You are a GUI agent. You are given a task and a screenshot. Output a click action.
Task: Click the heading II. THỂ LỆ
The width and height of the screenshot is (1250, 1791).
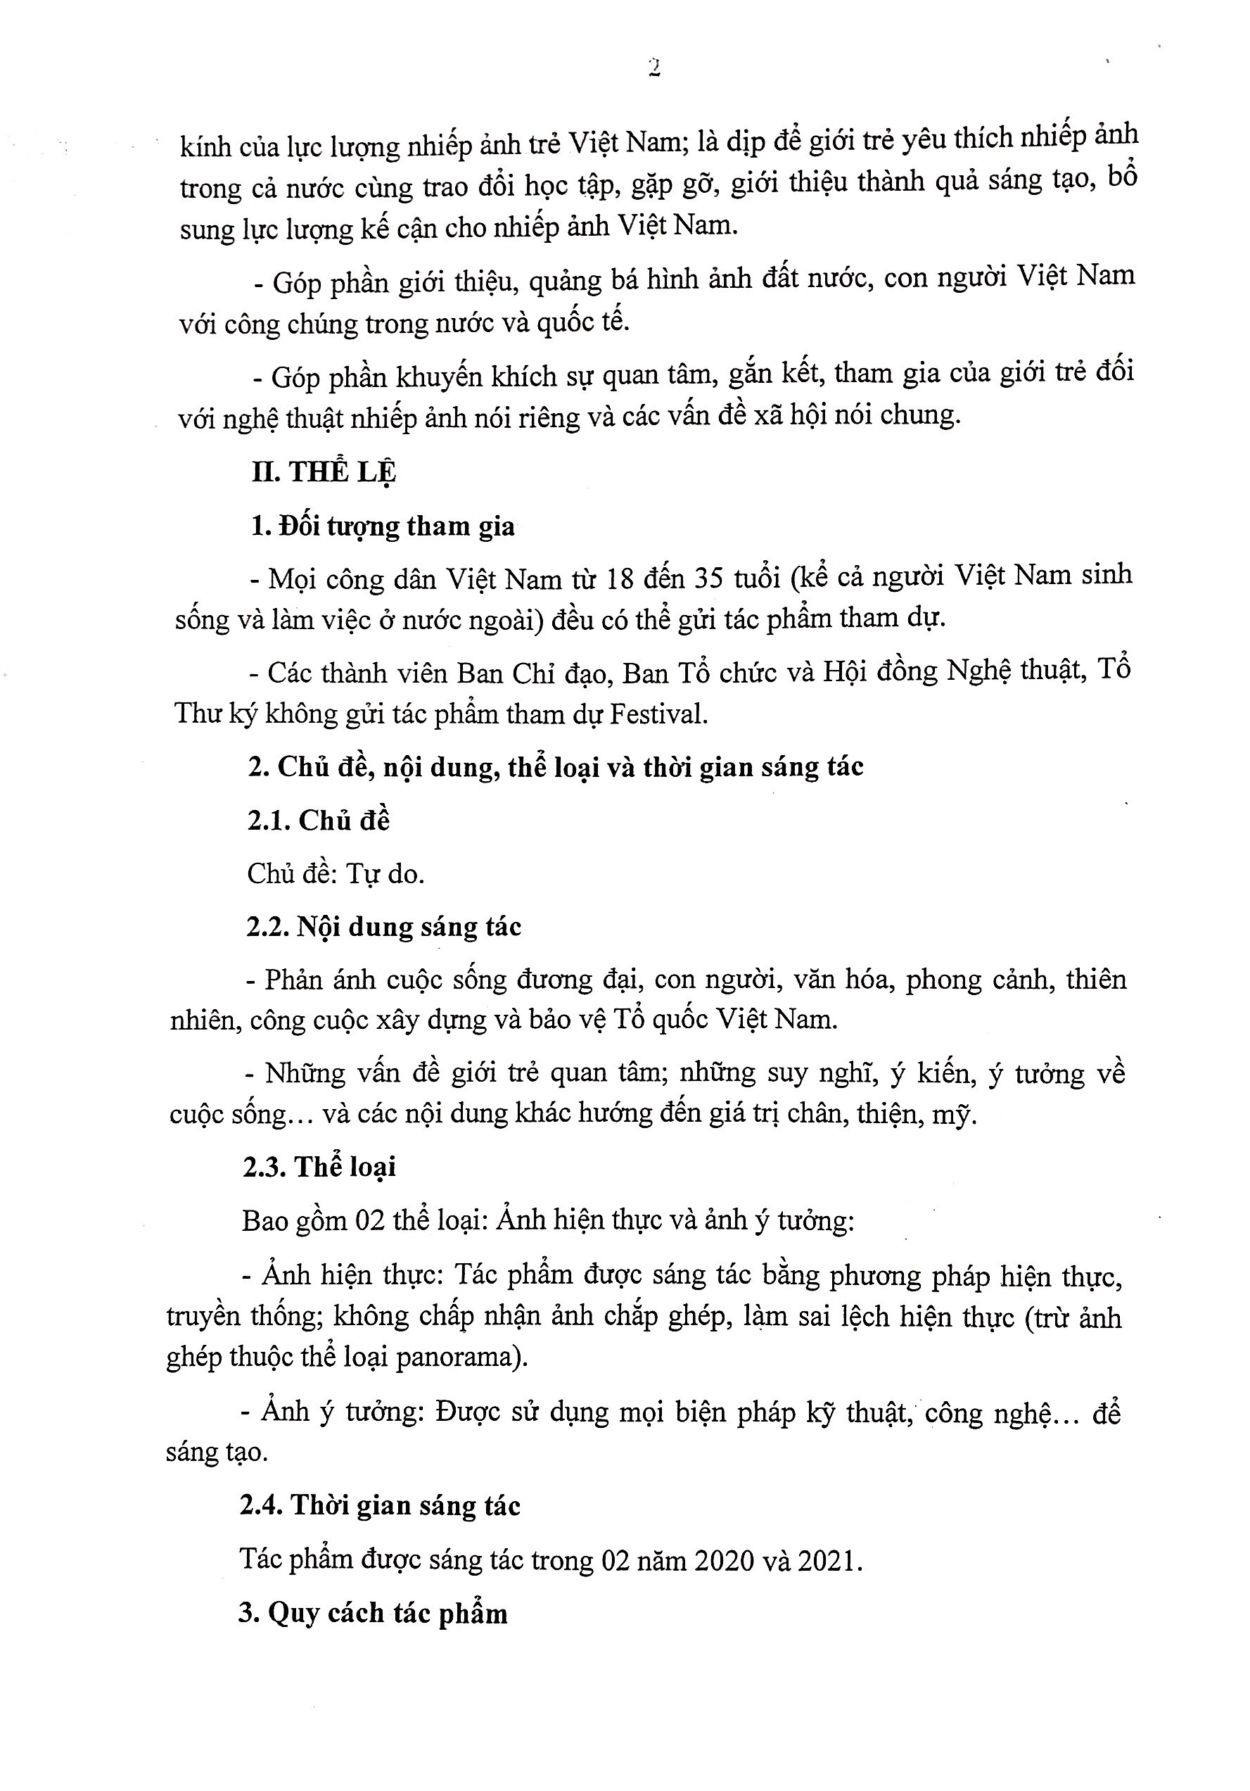point(324,473)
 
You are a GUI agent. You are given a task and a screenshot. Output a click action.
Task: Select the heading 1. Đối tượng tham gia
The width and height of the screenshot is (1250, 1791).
point(383,526)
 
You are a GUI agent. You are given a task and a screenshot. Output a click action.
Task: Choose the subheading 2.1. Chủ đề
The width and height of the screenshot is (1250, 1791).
point(318,821)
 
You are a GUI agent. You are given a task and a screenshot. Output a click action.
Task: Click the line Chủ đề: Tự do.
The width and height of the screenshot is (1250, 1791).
point(336,873)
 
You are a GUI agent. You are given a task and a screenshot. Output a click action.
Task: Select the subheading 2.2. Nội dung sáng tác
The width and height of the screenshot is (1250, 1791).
point(383,927)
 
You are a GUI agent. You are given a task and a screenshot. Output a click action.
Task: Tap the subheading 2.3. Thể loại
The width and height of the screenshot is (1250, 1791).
point(319,1167)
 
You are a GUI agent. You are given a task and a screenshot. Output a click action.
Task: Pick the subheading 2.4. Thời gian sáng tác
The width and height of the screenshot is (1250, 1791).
point(380,1505)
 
